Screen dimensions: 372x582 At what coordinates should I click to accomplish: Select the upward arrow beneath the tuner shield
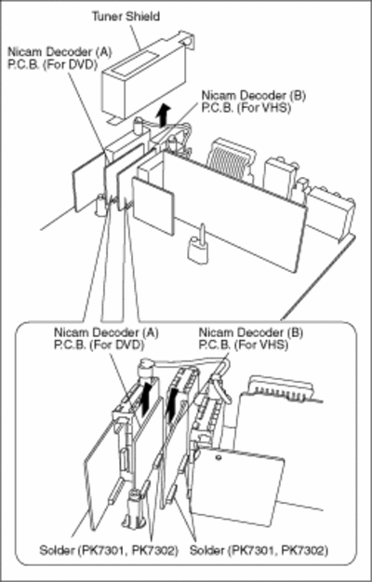click(163, 115)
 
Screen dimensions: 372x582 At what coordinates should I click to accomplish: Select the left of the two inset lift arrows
click(146, 401)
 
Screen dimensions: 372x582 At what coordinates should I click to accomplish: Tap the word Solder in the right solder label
click(206, 550)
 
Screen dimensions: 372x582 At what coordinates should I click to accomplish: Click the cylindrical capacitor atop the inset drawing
click(144, 368)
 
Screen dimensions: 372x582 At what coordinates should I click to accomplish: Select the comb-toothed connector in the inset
click(281, 388)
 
